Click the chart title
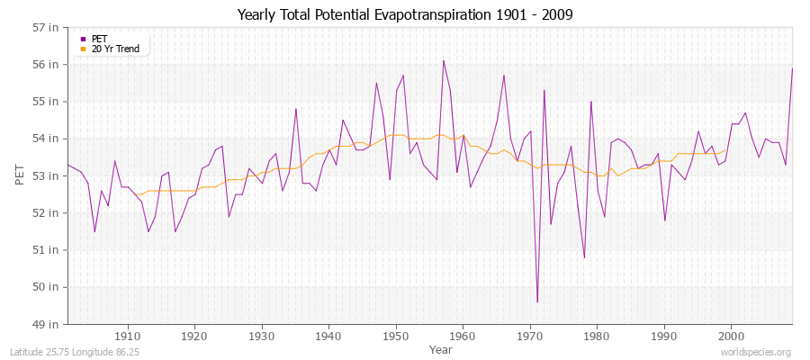(x=404, y=14)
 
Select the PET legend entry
(x=100, y=39)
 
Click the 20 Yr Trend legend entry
(x=115, y=49)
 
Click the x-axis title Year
(x=441, y=348)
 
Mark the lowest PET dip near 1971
(x=537, y=301)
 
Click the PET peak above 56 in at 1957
(x=444, y=61)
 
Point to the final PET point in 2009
(x=792, y=68)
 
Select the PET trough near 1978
(x=584, y=257)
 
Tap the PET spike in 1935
(x=296, y=109)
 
